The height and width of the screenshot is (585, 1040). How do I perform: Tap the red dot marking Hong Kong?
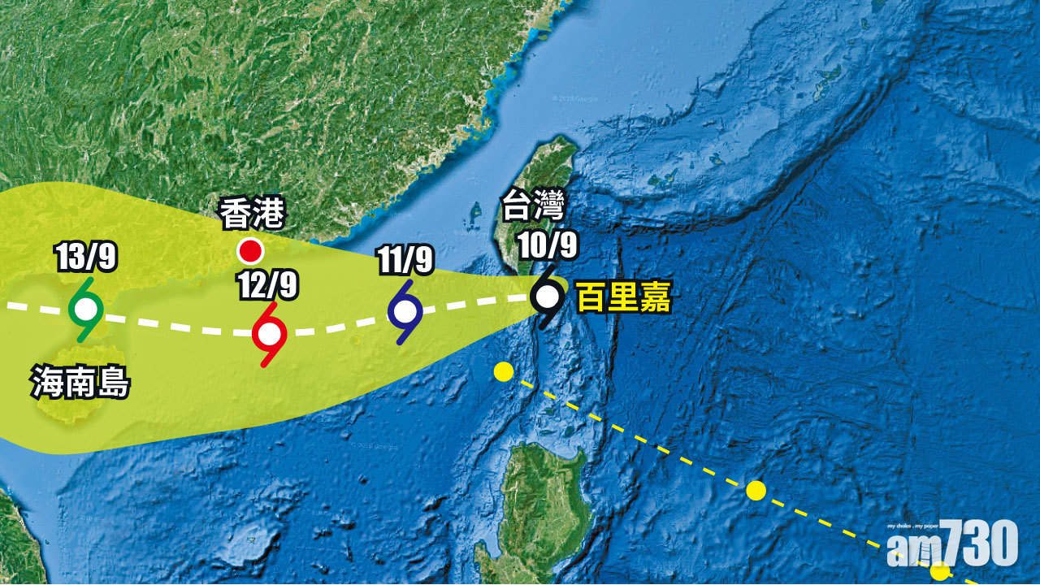(249, 250)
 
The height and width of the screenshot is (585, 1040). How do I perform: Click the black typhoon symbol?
(547, 297)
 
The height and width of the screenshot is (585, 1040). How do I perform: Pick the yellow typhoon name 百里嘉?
(623, 298)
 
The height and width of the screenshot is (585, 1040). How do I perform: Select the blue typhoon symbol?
(405, 311)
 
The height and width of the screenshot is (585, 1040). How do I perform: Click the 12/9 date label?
(269, 285)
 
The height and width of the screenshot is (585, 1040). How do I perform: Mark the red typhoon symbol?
(269, 334)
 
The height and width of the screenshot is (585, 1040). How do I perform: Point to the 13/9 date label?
(86, 257)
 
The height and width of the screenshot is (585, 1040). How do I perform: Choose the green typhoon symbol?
(85, 309)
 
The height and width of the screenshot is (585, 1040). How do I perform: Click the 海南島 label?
(80, 382)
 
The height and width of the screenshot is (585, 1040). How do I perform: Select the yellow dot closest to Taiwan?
(504, 372)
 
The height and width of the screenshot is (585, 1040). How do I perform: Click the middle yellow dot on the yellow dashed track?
(756, 490)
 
